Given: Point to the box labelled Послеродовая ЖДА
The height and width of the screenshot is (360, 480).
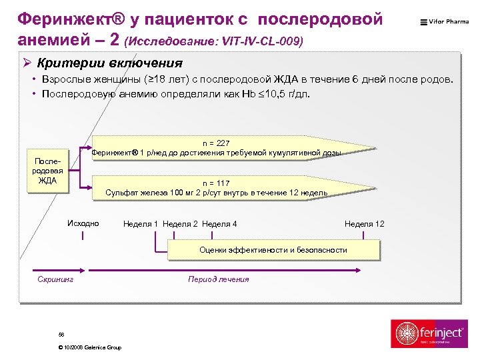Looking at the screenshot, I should click(47, 171).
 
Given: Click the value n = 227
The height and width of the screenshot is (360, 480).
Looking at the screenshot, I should click(217, 143).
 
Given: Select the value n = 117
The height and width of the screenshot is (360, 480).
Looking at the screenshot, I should click(217, 183).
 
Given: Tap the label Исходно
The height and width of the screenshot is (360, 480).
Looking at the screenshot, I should click(83, 223).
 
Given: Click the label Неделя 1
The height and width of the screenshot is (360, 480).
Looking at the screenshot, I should click(141, 224).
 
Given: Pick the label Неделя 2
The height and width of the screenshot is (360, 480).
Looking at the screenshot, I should click(180, 224).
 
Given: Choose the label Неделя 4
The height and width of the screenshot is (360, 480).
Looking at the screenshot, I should click(219, 224).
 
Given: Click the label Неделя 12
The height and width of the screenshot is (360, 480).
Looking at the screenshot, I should click(364, 224).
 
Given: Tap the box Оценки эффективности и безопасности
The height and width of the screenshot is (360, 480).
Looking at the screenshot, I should click(273, 250).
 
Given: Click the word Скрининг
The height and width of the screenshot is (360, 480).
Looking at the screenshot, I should click(55, 279).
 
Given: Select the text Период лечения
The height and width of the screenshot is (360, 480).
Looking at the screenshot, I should click(219, 279).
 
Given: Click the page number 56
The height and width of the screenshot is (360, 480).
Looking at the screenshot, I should click(61, 333).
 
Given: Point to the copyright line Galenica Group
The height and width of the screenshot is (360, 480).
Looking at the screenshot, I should click(90, 348).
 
